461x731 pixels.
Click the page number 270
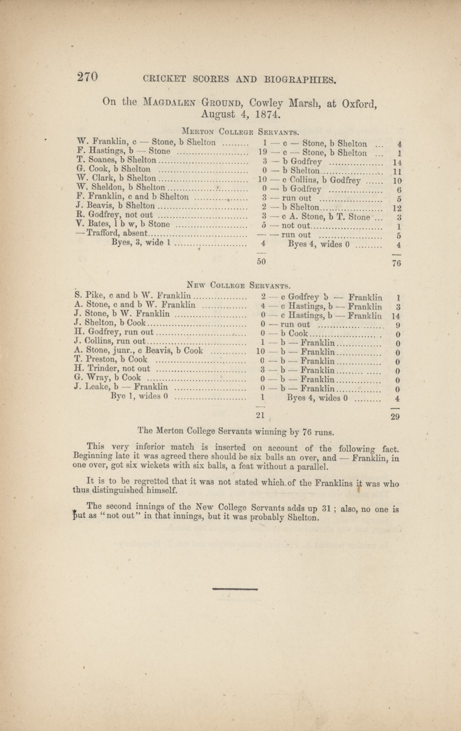88,77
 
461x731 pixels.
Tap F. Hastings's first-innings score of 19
263,151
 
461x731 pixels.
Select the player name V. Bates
90,224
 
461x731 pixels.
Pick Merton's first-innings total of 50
261,262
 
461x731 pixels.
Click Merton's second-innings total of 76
396,263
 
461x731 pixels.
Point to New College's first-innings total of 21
261,416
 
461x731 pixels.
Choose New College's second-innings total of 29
395,417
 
